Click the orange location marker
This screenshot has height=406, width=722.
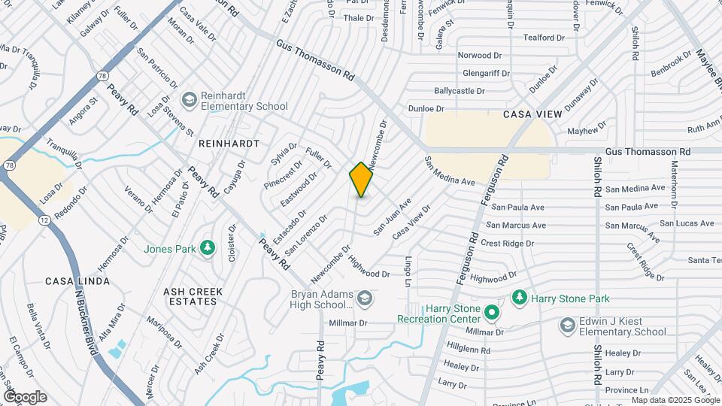pyautogui.click(x=361, y=180)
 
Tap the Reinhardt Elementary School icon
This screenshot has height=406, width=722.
pyautogui.click(x=189, y=98)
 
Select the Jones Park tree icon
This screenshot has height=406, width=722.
pyautogui.click(x=208, y=247)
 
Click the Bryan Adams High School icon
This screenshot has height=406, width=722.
pyautogui.click(x=365, y=298)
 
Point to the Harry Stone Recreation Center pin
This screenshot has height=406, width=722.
pyautogui.click(x=492, y=311)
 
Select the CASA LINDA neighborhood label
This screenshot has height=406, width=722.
pyautogui.click(x=77, y=281)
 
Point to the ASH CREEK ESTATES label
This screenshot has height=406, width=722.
pyautogui.click(x=190, y=295)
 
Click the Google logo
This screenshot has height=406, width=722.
pyautogui.click(x=24, y=397)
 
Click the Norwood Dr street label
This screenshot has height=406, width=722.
pyautogui.click(x=480, y=55)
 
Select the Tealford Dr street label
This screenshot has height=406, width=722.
pyautogui.click(x=543, y=38)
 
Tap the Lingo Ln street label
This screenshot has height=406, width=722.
pyautogui.click(x=408, y=271)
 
